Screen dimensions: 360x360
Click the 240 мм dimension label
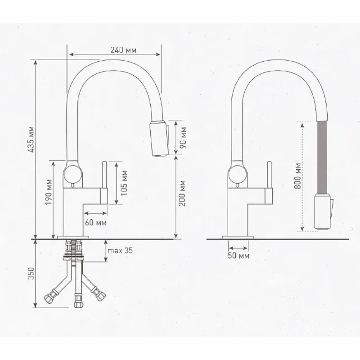pyautogui.click(x=123, y=50)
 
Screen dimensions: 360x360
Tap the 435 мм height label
pyautogui.click(x=31, y=139)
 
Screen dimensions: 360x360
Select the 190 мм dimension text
pyautogui.click(x=49, y=192)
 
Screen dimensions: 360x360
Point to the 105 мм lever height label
pyautogui.click(x=124, y=183)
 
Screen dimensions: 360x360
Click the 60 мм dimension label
pyautogui.click(x=96, y=222)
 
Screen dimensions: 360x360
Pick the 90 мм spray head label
pyautogui.click(x=183, y=138)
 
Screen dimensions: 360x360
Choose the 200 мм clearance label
pyautogui.click(x=182, y=193)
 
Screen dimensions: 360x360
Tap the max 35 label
pyautogui.click(x=120, y=250)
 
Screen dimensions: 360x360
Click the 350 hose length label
pyautogui.click(x=31, y=274)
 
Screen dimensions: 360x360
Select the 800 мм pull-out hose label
pyautogui.click(x=297, y=176)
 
